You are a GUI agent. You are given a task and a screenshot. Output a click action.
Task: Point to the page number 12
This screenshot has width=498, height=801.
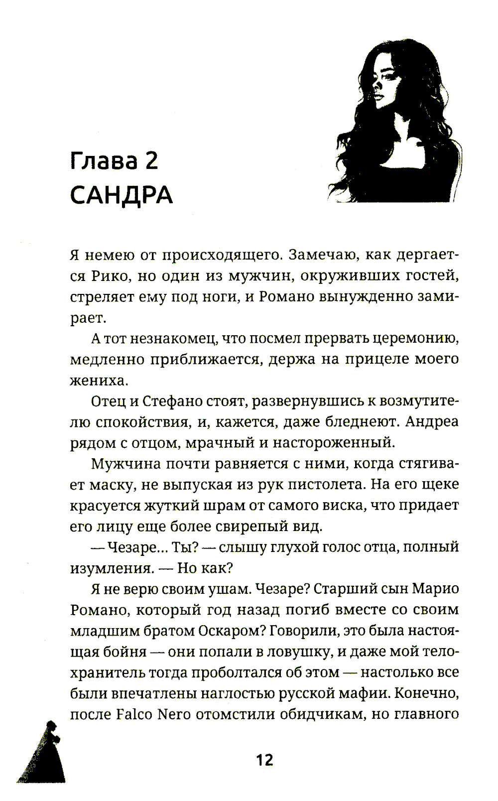(264, 760)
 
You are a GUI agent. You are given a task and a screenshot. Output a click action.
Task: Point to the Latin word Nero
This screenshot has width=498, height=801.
(174, 714)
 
